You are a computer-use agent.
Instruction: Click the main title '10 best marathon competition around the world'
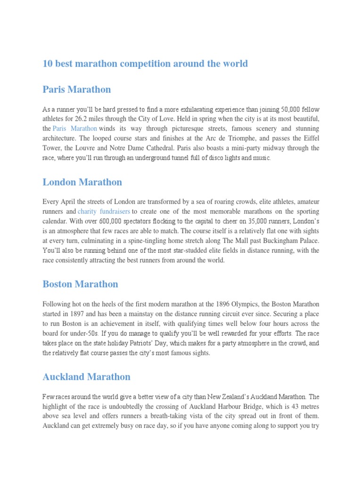pyautogui.click(x=145, y=64)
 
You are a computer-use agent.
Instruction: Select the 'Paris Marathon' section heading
pyautogui.click(x=77, y=90)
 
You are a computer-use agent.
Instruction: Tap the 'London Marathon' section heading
pyautogui.click(x=82, y=182)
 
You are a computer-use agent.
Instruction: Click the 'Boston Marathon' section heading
pyautogui.click(x=80, y=284)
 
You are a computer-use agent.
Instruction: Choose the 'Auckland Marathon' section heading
pyautogui.click(x=86, y=377)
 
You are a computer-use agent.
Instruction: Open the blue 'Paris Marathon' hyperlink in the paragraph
pyautogui.click(x=75, y=129)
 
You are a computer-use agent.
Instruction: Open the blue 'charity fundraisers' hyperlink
pyautogui.click(x=104, y=211)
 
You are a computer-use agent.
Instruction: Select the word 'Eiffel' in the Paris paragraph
pyautogui.click(x=309, y=139)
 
